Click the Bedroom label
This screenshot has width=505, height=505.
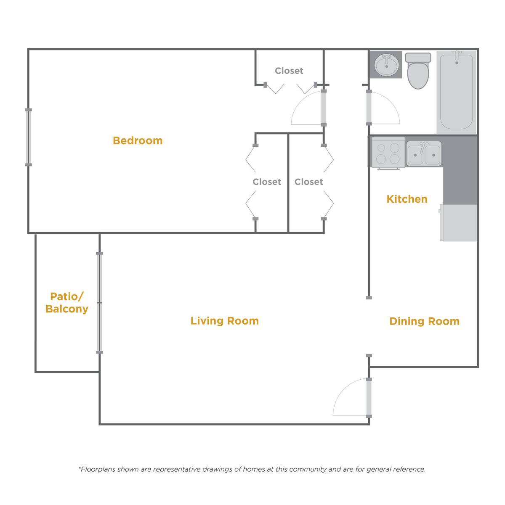click(x=138, y=140)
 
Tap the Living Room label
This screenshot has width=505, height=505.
click(x=224, y=321)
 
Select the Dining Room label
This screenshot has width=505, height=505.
click(x=424, y=321)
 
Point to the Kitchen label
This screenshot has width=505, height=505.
click(x=407, y=199)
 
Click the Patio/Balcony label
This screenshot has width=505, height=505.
click(x=67, y=303)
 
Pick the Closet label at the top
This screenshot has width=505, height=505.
click(x=289, y=71)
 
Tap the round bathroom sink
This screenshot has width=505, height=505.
click(x=387, y=65)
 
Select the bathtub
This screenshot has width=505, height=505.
click(x=457, y=92)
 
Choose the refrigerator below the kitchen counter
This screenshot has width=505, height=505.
click(x=459, y=223)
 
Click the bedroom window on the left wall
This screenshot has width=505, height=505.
click(x=28, y=137)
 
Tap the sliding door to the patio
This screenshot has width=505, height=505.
click(x=100, y=303)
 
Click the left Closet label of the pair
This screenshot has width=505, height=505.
click(x=267, y=182)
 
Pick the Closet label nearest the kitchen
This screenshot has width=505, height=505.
click(x=308, y=182)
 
